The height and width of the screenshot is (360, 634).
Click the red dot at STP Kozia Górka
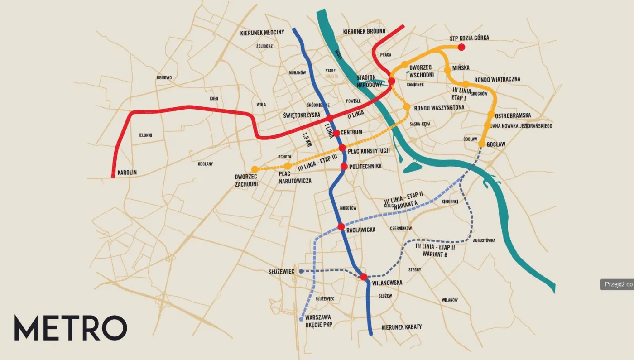pyautogui.click(x=461, y=47)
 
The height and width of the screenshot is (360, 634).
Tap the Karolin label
pyautogui.click(x=127, y=173)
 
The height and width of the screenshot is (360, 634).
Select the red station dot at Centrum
pyautogui.click(x=336, y=133)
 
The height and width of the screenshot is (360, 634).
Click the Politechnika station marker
pyautogui.click(x=344, y=166)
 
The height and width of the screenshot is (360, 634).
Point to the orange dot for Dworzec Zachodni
pyautogui.click(x=255, y=169)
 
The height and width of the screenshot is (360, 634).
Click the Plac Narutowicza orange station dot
pyautogui.click(x=288, y=166)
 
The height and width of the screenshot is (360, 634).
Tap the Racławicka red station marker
pyautogui.click(x=341, y=226)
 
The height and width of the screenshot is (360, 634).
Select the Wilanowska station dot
pyautogui.click(x=364, y=277)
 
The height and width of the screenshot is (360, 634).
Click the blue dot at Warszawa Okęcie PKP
pyautogui.click(x=301, y=319)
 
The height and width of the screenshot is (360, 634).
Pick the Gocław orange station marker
pyautogui.click(x=482, y=144)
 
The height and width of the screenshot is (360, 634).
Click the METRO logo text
pyautogui.click(x=70, y=328)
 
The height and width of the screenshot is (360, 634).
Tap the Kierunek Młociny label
pyautogui.click(x=262, y=33)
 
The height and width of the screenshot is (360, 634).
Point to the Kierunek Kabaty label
pyautogui.click(x=401, y=327)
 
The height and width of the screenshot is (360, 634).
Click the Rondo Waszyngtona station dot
pyautogui.click(x=407, y=106)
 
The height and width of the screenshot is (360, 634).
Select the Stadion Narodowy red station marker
pyautogui.click(x=392, y=81)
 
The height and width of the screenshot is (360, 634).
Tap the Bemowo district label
pyautogui.click(x=164, y=77)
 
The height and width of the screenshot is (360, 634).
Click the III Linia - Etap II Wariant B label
pyautogui.click(x=435, y=251)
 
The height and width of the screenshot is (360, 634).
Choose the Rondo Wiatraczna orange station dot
pyautogui.click(x=466, y=84)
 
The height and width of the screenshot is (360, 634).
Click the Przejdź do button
pyautogui.click(x=617, y=284)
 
